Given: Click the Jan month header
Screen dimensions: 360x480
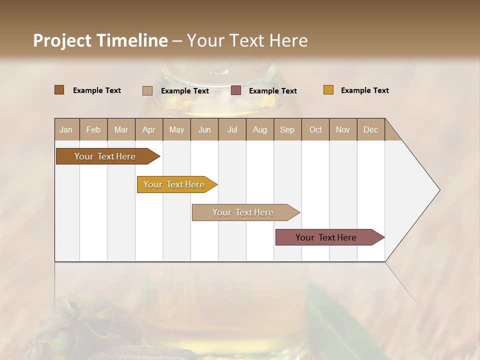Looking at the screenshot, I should click(66, 129).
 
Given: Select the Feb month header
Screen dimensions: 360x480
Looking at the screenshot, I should click(93, 129).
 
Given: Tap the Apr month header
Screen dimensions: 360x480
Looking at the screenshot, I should click(148, 129).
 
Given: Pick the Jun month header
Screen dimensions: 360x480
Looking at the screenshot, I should click(204, 129).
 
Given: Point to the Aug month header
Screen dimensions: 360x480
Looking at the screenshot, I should click(259, 129).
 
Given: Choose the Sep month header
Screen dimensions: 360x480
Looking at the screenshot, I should click(287, 129).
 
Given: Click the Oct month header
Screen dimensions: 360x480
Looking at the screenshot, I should click(315, 129).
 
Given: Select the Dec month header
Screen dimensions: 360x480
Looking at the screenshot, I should click(370, 129).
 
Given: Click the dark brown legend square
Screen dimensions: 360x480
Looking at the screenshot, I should click(59, 90).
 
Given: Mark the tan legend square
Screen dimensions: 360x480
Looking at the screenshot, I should click(147, 90).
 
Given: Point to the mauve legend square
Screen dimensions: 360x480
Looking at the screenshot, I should click(236, 90).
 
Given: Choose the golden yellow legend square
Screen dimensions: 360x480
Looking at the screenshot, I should click(328, 90).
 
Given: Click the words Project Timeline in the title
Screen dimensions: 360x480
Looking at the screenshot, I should click(100, 40).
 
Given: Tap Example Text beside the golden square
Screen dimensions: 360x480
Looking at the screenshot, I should click(364, 90).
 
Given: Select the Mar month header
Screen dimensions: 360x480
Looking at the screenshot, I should click(121, 129).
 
